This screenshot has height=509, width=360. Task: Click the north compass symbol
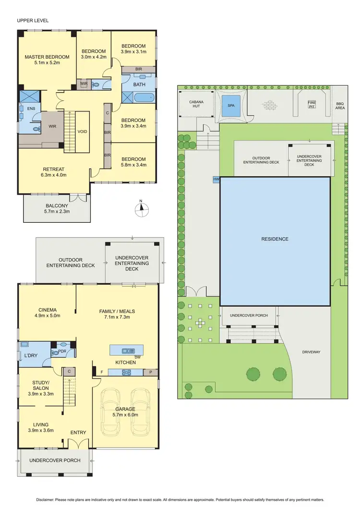point(140,207)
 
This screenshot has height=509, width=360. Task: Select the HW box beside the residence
point(216,179)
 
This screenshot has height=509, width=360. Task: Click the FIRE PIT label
point(312,104)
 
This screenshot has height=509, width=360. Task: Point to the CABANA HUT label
point(195,104)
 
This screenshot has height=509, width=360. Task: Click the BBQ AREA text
point(340,106)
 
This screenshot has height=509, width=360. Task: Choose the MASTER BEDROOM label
point(47,57)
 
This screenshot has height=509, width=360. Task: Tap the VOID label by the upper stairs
point(83,131)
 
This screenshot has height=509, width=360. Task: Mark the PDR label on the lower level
point(62,351)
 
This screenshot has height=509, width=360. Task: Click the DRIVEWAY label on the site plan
point(311,352)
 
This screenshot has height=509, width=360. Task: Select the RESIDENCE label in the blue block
point(275,239)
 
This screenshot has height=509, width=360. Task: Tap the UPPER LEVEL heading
point(33,21)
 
